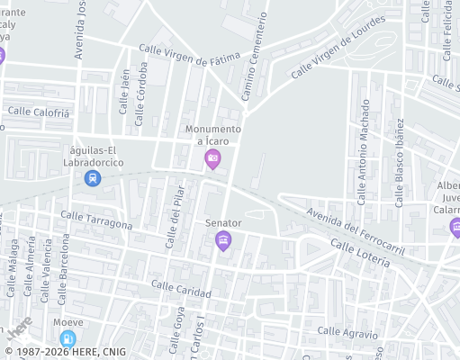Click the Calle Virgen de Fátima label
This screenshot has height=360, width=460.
click(x=190, y=54)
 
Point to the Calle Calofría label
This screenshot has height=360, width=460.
click(x=38, y=112)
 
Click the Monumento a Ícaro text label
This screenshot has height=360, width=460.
click(x=214, y=135)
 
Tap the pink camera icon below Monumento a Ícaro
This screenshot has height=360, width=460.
click(x=213, y=160)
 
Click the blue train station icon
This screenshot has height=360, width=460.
click(x=92, y=178)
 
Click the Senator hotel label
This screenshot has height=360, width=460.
click(x=223, y=222)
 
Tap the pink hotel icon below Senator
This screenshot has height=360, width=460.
click(x=223, y=240)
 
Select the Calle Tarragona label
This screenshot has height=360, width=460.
click(x=96, y=220)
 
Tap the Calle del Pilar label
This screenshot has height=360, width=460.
click(x=174, y=217)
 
